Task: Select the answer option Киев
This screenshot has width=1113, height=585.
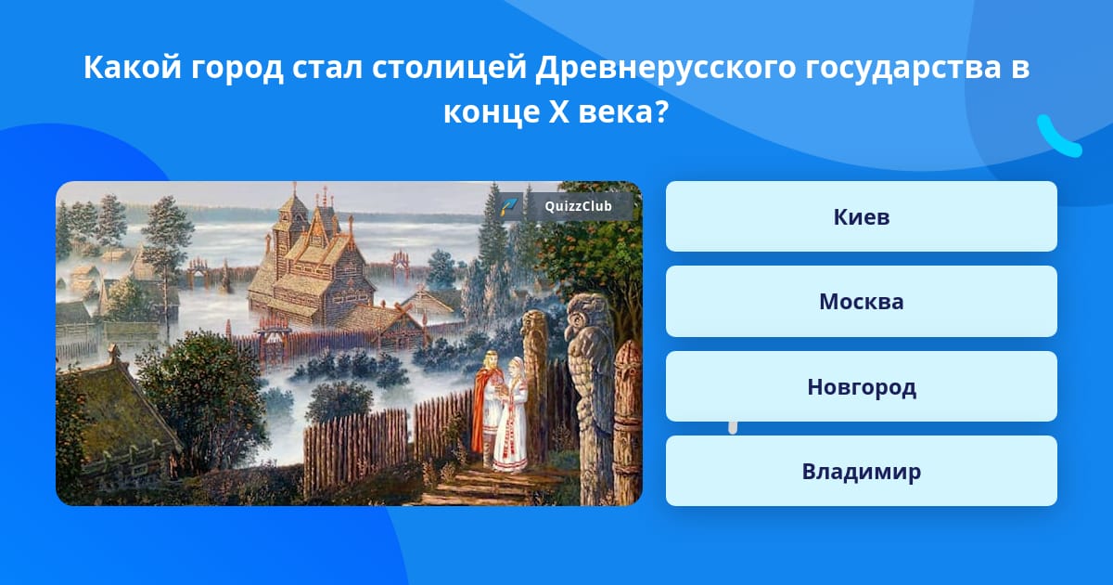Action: point(861,216)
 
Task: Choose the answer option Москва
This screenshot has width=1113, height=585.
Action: point(861,302)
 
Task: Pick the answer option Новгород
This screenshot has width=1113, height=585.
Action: point(861,386)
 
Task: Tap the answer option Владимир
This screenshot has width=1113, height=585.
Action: point(861,471)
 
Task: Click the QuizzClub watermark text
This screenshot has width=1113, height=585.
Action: point(578,206)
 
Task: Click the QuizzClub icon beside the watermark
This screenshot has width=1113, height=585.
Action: point(509,206)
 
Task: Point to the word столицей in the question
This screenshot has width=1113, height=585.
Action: point(449,68)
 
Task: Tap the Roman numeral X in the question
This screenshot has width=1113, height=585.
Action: point(558,112)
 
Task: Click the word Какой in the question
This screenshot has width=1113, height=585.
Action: point(132,67)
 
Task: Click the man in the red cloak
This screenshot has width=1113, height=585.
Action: point(486,404)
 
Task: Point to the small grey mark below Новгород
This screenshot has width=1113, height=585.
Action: point(733,428)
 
